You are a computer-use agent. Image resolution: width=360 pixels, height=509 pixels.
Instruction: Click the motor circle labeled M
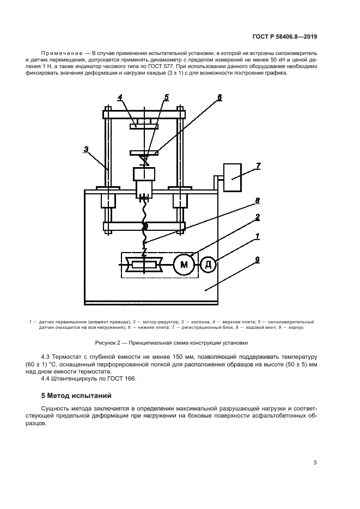(x=184, y=265)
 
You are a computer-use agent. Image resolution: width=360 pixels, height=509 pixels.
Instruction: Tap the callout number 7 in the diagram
(x=258, y=166)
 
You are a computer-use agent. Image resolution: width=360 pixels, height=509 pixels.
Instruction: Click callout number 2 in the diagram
(x=257, y=217)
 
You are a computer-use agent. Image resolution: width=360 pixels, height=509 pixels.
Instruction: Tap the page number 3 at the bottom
(x=315, y=463)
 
